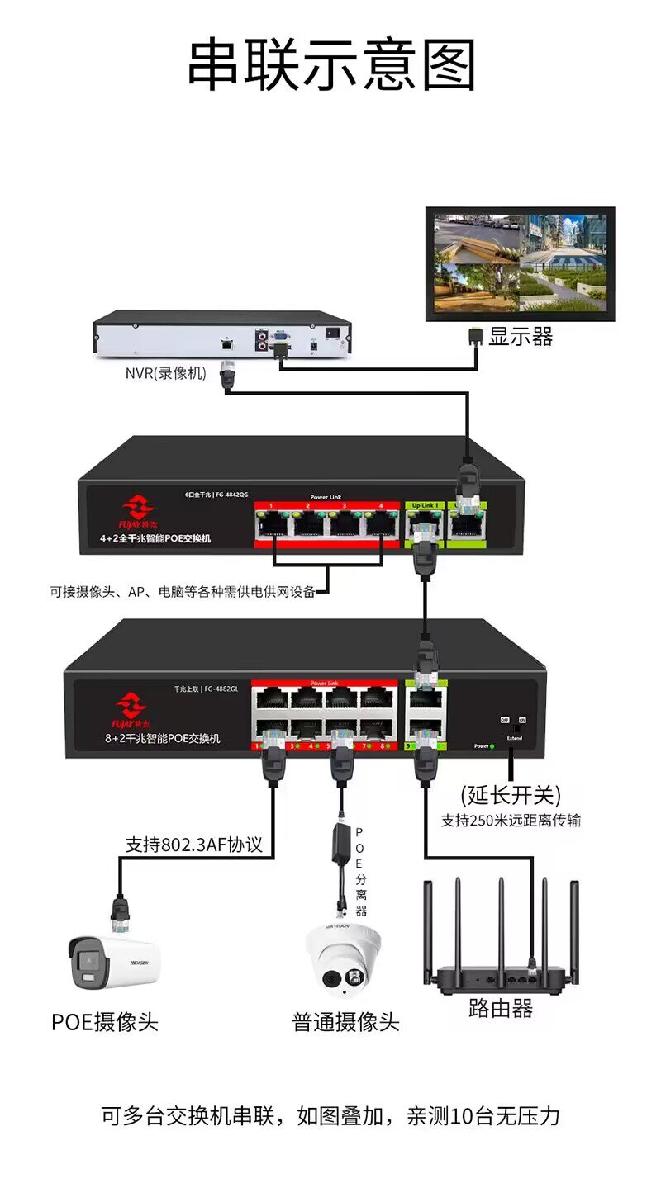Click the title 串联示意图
(331, 65)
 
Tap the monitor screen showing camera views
(520, 263)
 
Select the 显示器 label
(520, 337)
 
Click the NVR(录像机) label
(165, 373)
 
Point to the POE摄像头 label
(104, 1021)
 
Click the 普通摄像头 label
(345, 1022)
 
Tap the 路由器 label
(500, 1008)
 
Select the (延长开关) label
(511, 795)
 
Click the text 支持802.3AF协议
(193, 845)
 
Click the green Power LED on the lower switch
(492, 746)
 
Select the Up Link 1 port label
(423, 505)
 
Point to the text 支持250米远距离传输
(510, 821)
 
